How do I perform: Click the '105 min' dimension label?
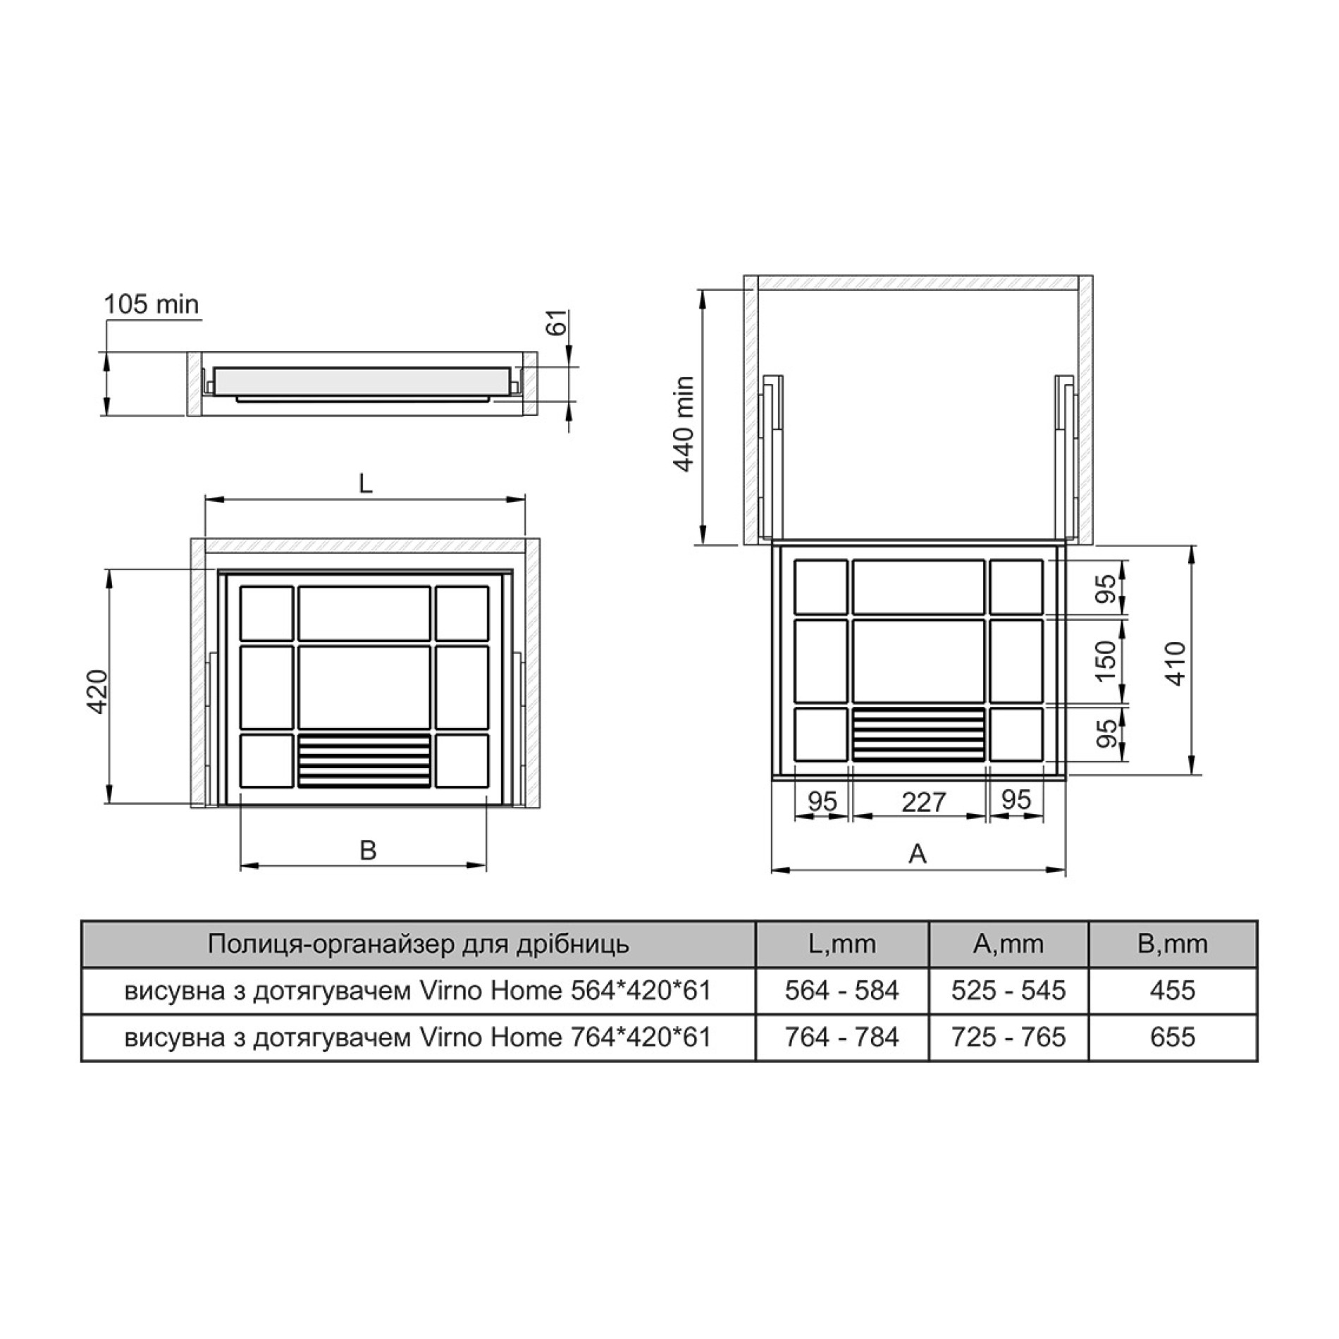click(152, 304)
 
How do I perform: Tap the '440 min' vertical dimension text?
click(684, 424)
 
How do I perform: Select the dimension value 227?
click(923, 801)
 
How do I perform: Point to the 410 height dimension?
click(1176, 663)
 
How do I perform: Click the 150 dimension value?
click(1107, 660)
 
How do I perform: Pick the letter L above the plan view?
click(365, 483)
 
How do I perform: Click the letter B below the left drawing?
click(368, 851)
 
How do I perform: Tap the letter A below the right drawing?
click(917, 854)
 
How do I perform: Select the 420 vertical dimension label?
click(97, 691)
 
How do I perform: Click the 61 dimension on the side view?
click(557, 323)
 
